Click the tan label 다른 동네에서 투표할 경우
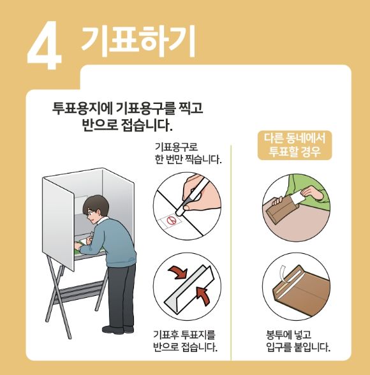(x=294, y=146)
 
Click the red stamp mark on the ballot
(x=171, y=221)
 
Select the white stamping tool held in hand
(x=193, y=198)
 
